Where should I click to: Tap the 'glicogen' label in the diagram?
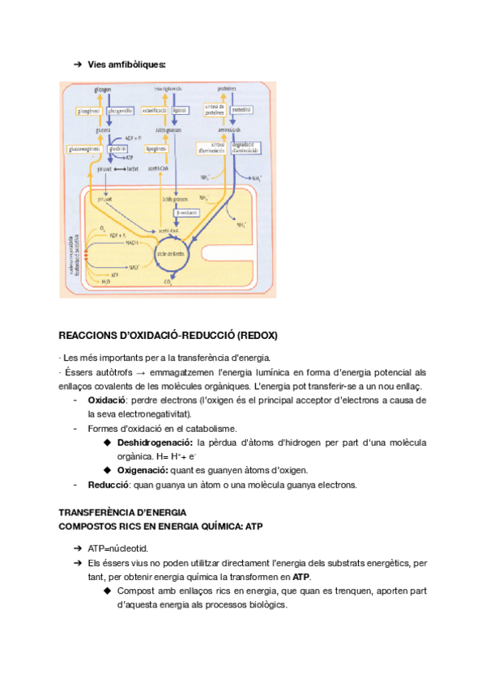coord(103,88)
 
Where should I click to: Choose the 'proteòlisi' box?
coord(242,109)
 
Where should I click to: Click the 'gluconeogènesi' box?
coord(83,149)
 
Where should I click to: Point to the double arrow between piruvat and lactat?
coord(116,168)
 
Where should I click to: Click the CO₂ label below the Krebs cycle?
coord(168,282)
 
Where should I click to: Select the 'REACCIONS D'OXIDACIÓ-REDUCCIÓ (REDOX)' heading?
coord(168,335)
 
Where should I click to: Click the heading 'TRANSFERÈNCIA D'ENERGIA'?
coord(123,513)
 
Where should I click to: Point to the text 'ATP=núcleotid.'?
coord(117,548)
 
